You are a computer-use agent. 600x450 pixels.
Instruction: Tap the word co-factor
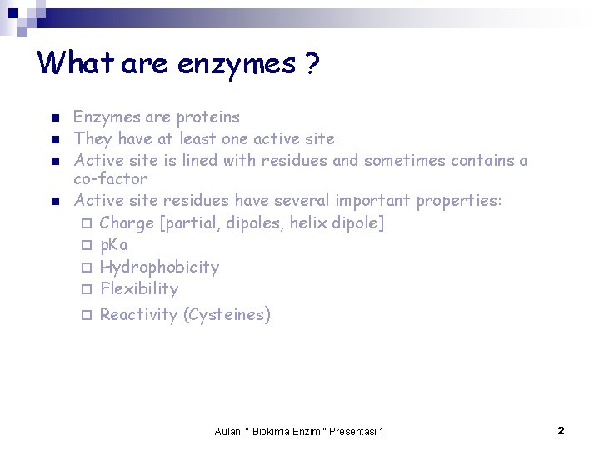(x=110, y=178)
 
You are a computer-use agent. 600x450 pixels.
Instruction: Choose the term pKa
(x=113, y=245)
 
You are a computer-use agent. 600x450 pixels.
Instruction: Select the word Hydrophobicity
(x=159, y=267)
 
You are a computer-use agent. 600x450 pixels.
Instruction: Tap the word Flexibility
(x=139, y=289)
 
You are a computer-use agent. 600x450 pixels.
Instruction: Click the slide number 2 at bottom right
(x=561, y=430)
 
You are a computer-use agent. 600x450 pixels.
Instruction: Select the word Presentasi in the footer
(x=352, y=431)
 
